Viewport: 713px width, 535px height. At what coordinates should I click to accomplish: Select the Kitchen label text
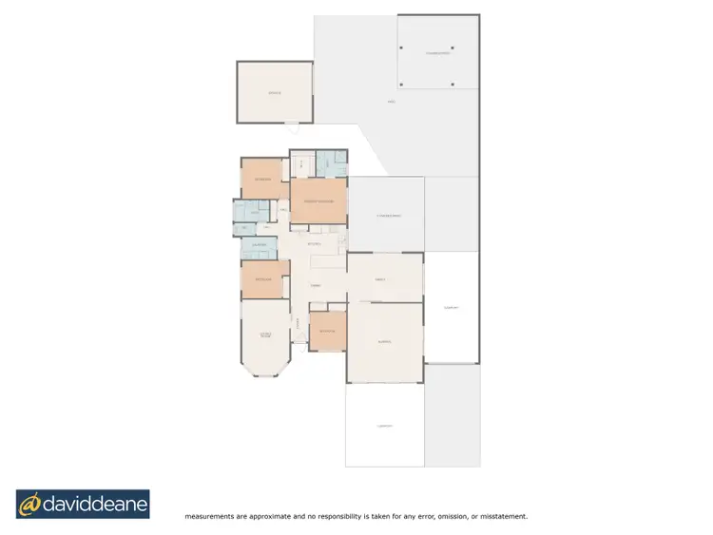click(316, 245)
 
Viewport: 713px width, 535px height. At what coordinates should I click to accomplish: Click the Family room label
click(379, 278)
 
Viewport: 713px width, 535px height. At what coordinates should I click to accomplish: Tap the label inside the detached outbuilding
click(275, 93)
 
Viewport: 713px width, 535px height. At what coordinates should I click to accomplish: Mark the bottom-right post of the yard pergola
click(453, 85)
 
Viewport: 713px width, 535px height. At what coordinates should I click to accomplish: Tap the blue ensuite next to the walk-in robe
click(330, 163)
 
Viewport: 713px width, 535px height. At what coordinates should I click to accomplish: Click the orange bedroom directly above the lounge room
click(263, 279)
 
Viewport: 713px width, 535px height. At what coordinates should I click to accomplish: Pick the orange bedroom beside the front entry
click(327, 330)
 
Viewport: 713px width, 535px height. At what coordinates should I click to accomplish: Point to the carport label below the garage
click(384, 426)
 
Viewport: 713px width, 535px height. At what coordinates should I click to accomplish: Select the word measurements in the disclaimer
click(211, 517)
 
